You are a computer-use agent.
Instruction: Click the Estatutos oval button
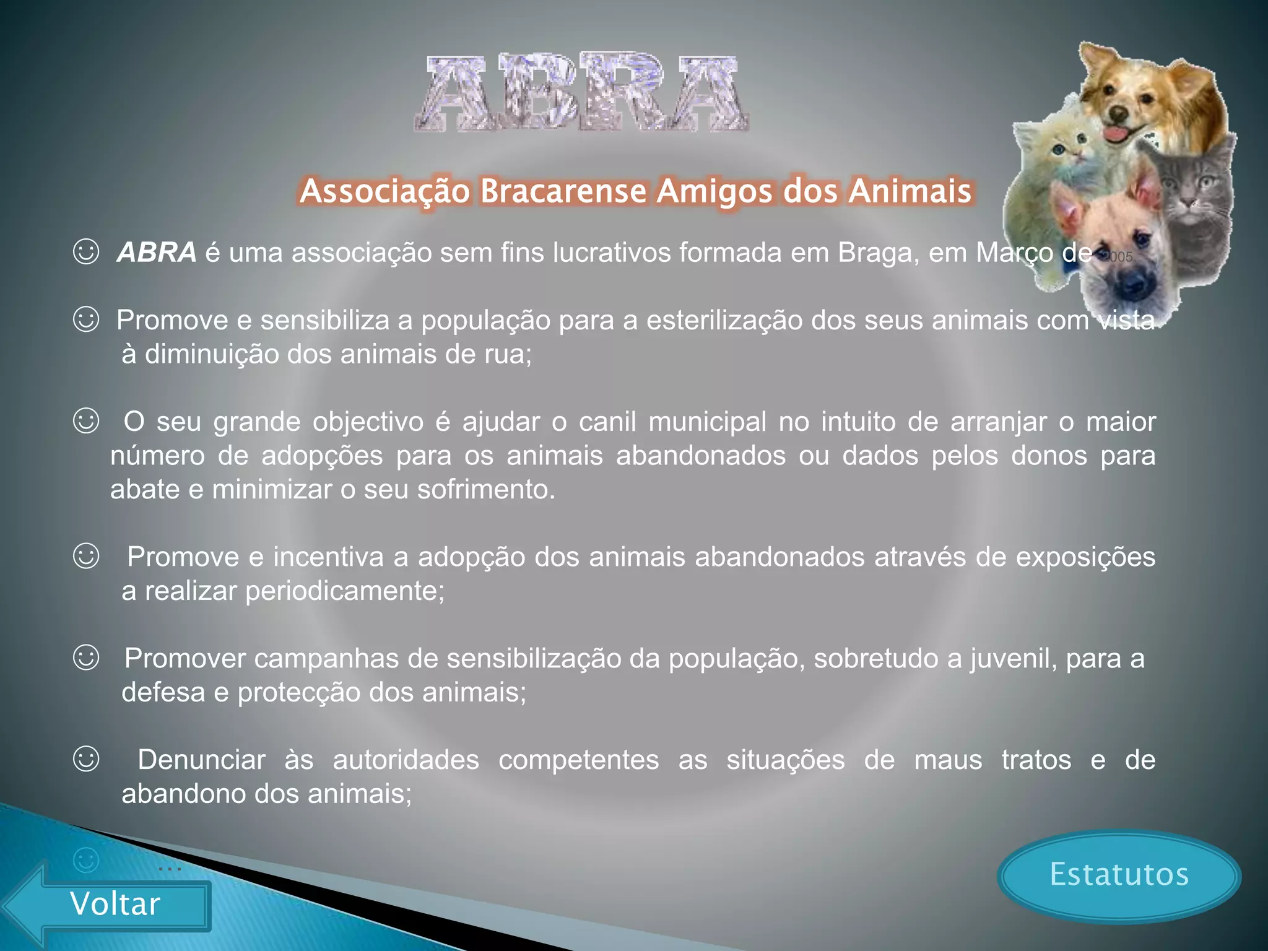(x=1119, y=875)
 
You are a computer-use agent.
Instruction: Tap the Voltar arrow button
(x=115, y=904)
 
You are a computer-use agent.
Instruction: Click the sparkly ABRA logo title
(x=582, y=93)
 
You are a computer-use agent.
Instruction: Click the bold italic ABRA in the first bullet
(x=157, y=253)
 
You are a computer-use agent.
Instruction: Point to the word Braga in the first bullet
(x=877, y=253)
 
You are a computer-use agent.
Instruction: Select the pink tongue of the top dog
(x=1113, y=134)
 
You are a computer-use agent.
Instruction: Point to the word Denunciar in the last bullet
(x=201, y=760)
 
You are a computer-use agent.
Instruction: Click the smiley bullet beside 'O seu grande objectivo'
(x=86, y=421)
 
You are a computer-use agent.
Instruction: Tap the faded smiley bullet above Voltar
(x=86, y=860)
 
